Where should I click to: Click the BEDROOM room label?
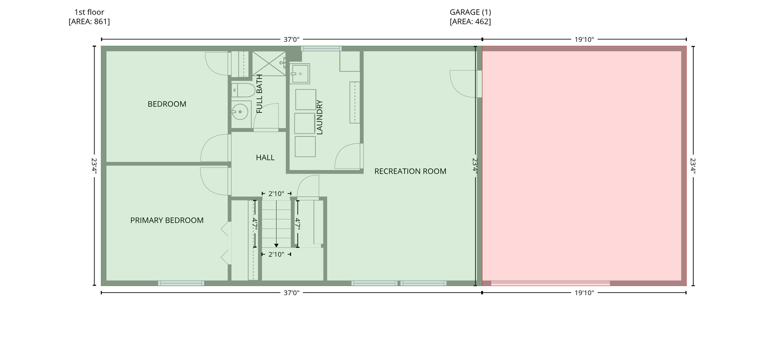167,104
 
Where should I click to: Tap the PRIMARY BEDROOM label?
167,220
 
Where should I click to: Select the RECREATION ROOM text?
410,171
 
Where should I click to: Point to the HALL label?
265,157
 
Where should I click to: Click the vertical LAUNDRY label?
319,117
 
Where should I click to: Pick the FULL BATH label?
260,94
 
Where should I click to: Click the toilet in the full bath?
243,90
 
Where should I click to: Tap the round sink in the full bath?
240,112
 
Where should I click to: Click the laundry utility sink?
300,73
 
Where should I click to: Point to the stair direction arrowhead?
276,245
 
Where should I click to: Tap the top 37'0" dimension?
291,39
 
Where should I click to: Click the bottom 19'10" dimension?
584,293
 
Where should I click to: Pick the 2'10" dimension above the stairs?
276,194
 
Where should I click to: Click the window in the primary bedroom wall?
181,283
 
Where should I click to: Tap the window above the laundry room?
321,49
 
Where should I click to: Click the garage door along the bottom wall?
550,283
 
